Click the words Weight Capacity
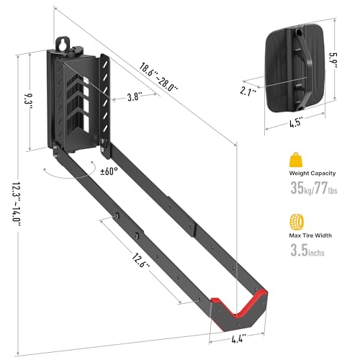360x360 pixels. click(x=312, y=173)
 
